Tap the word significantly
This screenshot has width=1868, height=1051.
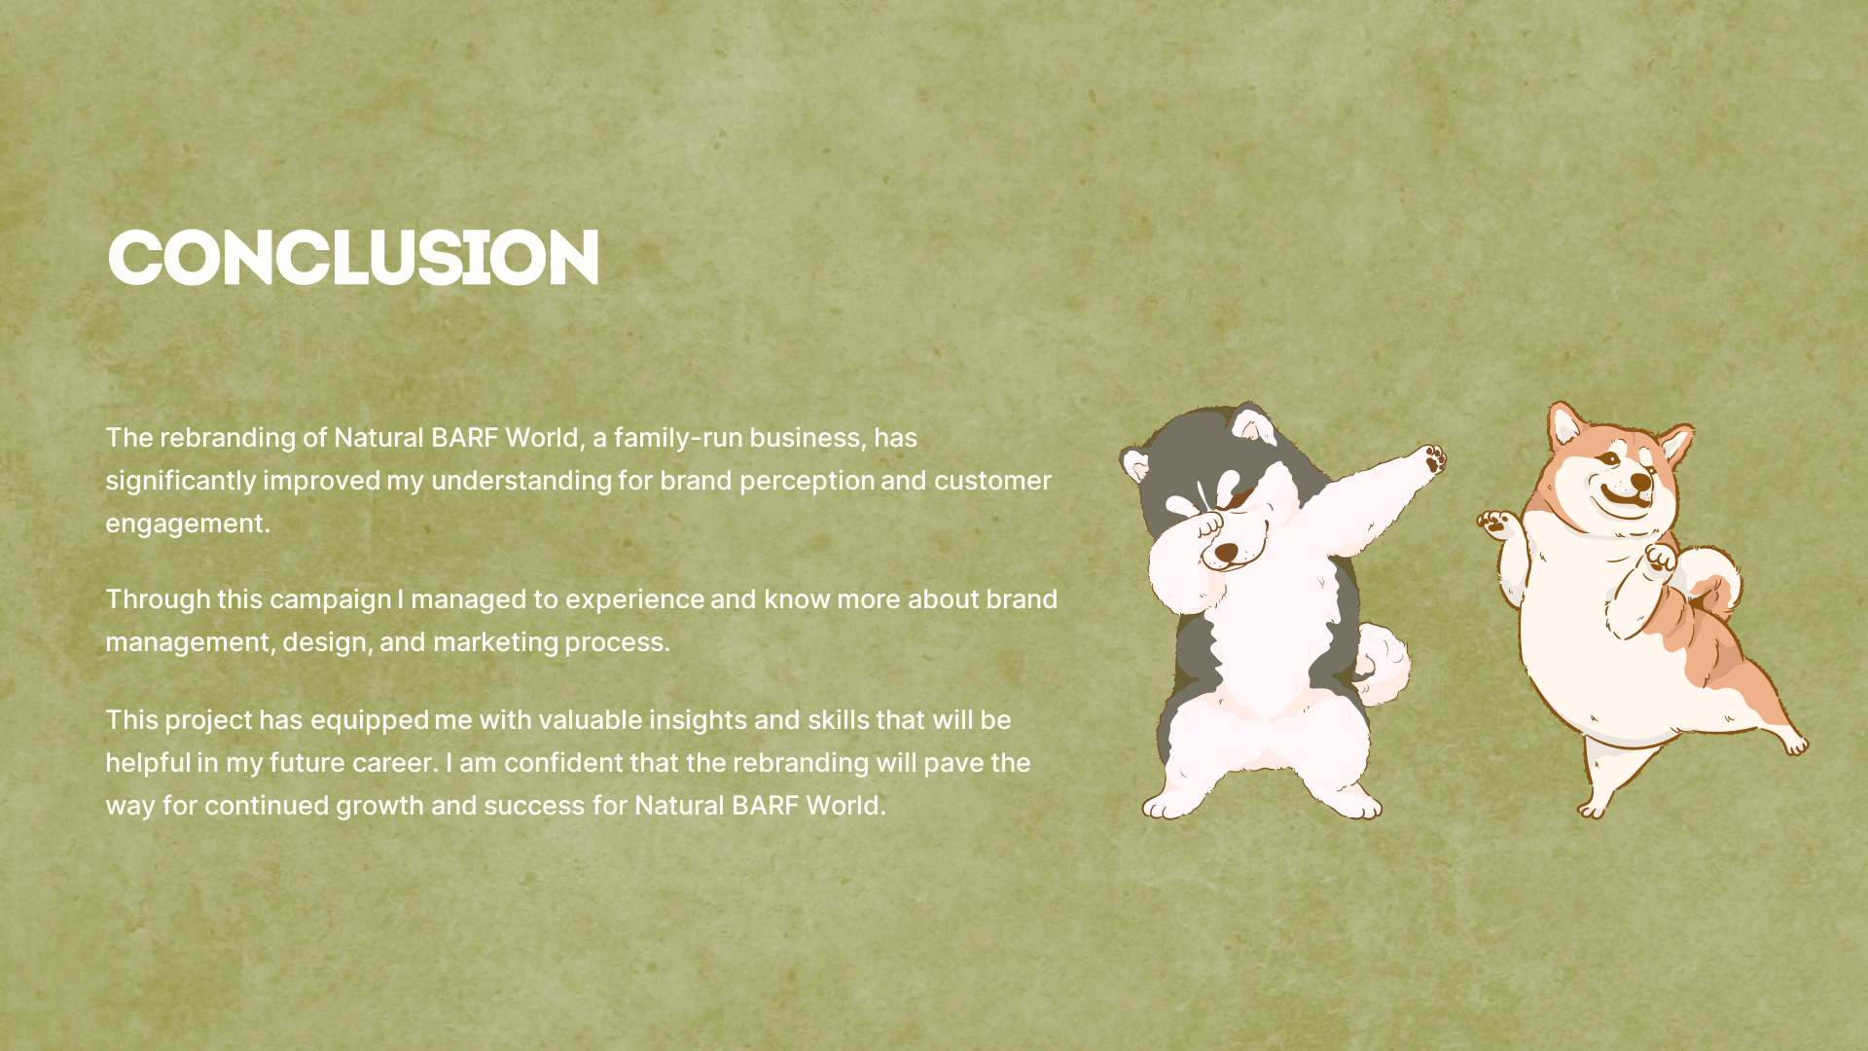[x=181, y=482]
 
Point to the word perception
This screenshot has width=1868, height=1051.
[x=807, y=482]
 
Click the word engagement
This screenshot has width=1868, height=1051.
[x=188, y=525]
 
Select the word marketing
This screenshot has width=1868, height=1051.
[x=495, y=642]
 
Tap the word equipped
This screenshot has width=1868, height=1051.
[x=370, y=721]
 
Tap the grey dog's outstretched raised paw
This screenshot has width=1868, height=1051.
[x=1431, y=458]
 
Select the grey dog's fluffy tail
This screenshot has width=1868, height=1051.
[x=1382, y=665]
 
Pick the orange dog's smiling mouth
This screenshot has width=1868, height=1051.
[x=1623, y=499]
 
